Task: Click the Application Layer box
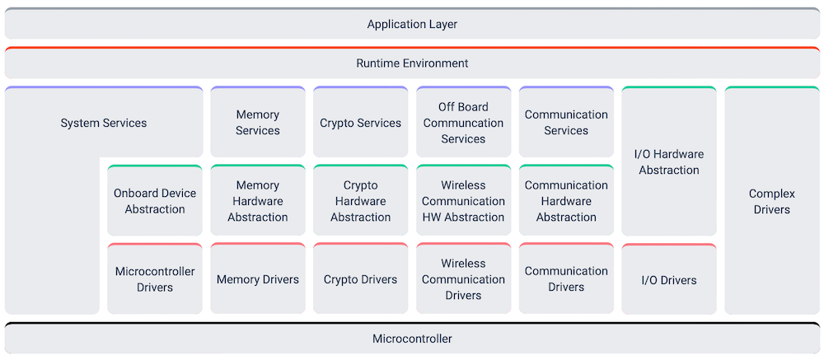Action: pyautogui.click(x=412, y=24)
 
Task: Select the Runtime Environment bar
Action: pyautogui.click(x=412, y=63)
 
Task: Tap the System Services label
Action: pyautogui.click(x=104, y=123)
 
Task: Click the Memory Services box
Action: pyautogui.click(x=258, y=123)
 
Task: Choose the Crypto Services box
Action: pyautogui.click(x=361, y=123)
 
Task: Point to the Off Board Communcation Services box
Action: pyautogui.click(x=463, y=123)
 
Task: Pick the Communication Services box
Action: pyautogui.click(x=566, y=123)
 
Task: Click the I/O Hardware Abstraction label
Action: pyautogui.click(x=669, y=161)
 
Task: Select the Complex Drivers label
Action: pyautogui.click(x=772, y=201)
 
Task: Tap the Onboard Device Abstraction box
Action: pyautogui.click(x=155, y=201)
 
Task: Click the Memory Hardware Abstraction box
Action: pyautogui.click(x=258, y=201)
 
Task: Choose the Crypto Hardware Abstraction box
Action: pyautogui.click(x=361, y=201)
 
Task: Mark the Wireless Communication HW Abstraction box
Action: pyautogui.click(x=463, y=201)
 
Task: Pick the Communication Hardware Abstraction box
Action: pyautogui.click(x=566, y=201)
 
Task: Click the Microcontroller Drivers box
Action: pyautogui.click(x=155, y=279)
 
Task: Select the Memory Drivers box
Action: pyautogui.click(x=258, y=279)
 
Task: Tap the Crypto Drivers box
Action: pyautogui.click(x=361, y=279)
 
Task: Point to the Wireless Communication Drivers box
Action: pyautogui.click(x=463, y=279)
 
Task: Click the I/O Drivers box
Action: pyautogui.click(x=669, y=280)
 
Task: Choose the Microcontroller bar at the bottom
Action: pyautogui.click(x=412, y=339)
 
